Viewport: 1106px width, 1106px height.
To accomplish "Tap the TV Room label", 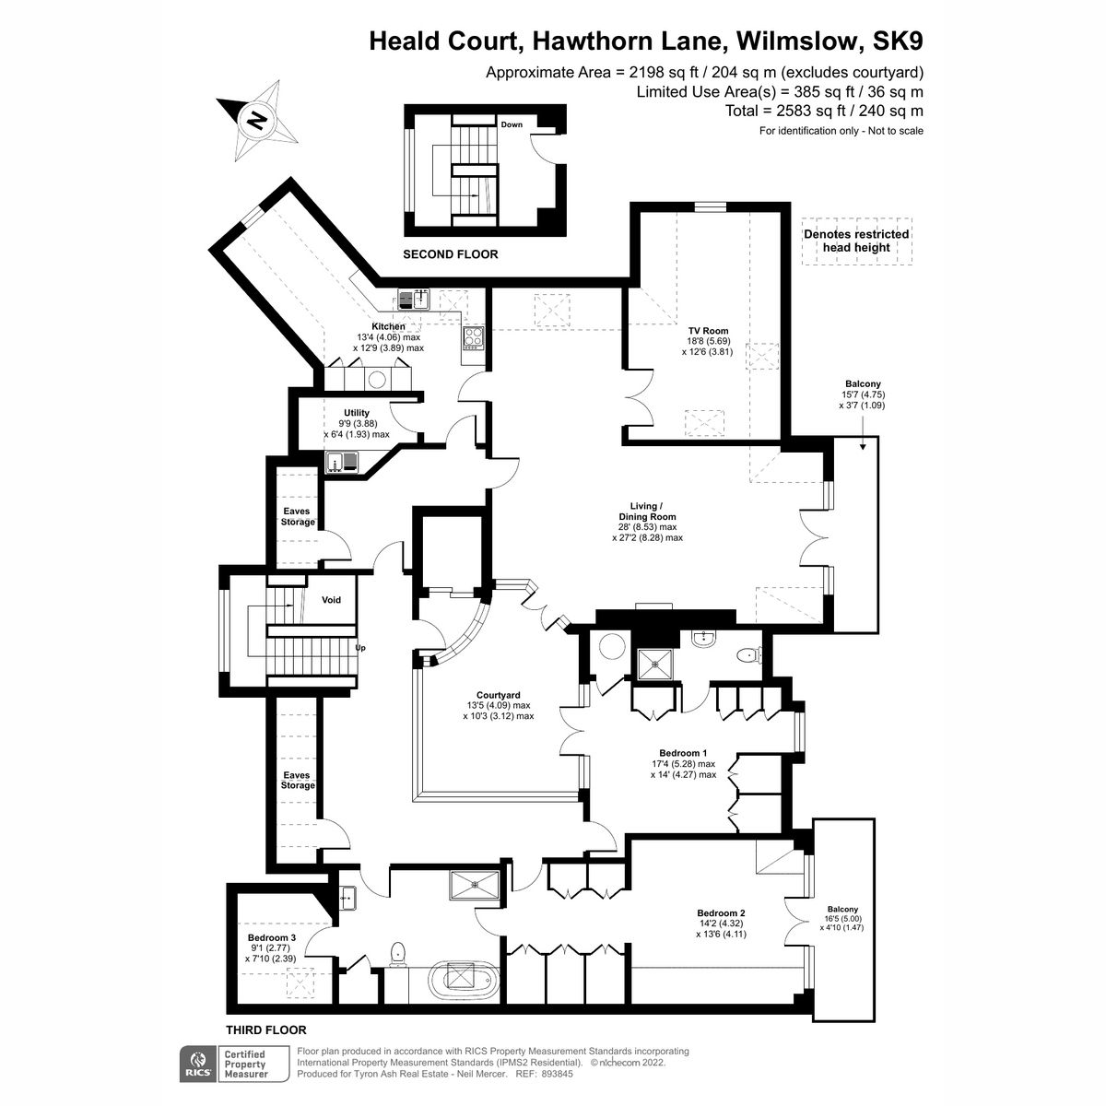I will pyautogui.click(x=708, y=331).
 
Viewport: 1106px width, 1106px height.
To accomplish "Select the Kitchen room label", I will pyautogui.click(x=388, y=327).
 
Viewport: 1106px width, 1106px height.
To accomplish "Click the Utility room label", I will pyautogui.click(x=357, y=413).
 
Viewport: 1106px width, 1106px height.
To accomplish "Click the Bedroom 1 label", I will pyautogui.click(x=683, y=752).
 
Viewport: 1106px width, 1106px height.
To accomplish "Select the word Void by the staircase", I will pyautogui.click(x=331, y=600).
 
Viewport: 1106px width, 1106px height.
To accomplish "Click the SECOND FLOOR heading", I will pyautogui.click(x=450, y=253).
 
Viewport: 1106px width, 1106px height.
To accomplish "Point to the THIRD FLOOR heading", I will pyautogui.click(x=265, y=1030).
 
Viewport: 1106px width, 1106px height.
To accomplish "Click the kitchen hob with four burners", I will pyautogui.click(x=473, y=338).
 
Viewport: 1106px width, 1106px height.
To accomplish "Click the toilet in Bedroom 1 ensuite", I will pyautogui.click(x=747, y=655).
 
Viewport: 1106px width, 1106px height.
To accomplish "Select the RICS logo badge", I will pyautogui.click(x=196, y=1063).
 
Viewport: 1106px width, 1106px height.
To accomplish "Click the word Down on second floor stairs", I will pyautogui.click(x=512, y=124).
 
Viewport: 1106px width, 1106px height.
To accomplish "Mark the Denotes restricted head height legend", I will pyautogui.click(x=856, y=241).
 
